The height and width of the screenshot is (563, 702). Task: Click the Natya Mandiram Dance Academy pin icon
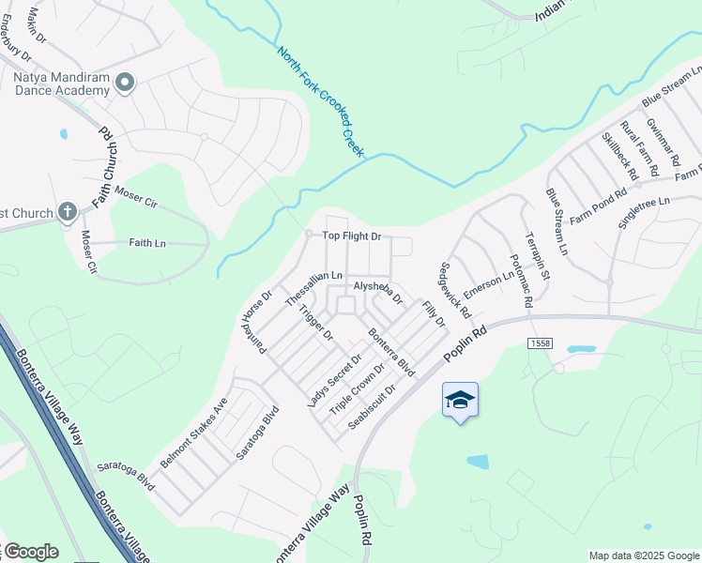click(x=124, y=84)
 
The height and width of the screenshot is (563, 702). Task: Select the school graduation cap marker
click(x=460, y=401)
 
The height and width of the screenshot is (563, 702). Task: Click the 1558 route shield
click(x=540, y=343)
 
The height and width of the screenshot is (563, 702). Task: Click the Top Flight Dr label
click(x=352, y=236)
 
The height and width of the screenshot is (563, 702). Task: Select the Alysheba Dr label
click(x=377, y=292)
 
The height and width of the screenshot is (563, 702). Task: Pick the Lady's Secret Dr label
click(x=335, y=380)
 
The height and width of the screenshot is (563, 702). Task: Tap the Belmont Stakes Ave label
click(x=194, y=434)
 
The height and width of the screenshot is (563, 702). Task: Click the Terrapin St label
click(x=537, y=254)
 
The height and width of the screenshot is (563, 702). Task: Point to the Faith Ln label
click(x=146, y=243)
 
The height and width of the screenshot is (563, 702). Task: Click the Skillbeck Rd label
click(x=619, y=156)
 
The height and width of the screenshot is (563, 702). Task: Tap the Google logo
click(x=31, y=552)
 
